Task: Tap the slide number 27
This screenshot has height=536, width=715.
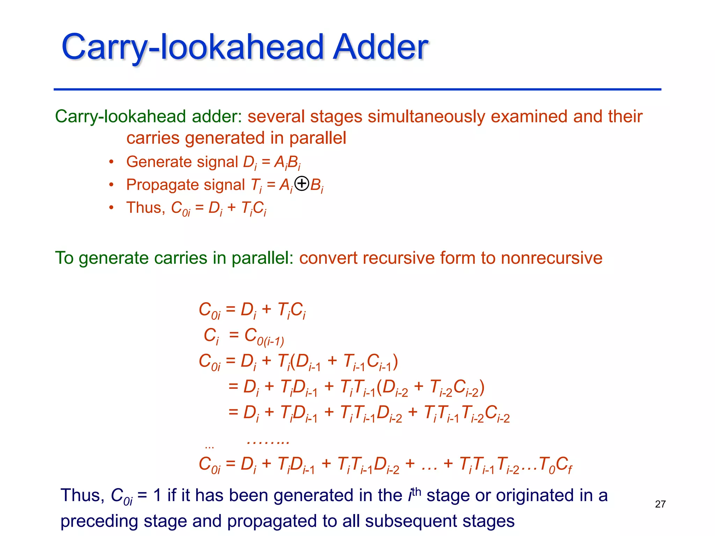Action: click(660, 504)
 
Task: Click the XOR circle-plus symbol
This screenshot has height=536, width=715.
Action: click(302, 184)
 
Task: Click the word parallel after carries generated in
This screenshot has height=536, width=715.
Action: click(317, 138)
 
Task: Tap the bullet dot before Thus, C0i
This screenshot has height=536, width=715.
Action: click(111, 208)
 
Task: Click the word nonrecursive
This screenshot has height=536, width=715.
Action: click(552, 258)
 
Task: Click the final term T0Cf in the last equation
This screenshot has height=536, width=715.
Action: click(555, 465)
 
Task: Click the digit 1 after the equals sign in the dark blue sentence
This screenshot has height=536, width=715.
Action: click(157, 496)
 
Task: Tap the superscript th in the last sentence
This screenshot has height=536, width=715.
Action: click(416, 492)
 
